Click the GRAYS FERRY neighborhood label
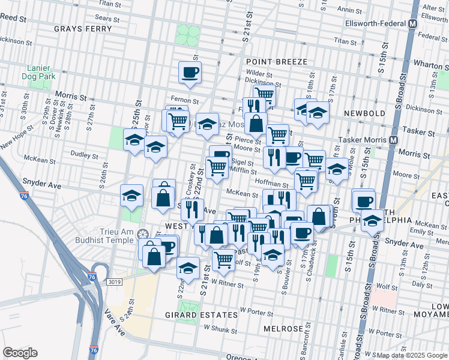(83, 28)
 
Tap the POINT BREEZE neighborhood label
(276, 62)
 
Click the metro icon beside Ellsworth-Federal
(412, 24)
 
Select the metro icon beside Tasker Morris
(394, 139)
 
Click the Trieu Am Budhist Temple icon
(142, 233)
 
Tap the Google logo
(20, 353)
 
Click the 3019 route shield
(115, 281)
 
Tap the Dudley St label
(80, 154)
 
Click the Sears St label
(107, 19)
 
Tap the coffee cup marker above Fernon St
(190, 72)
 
